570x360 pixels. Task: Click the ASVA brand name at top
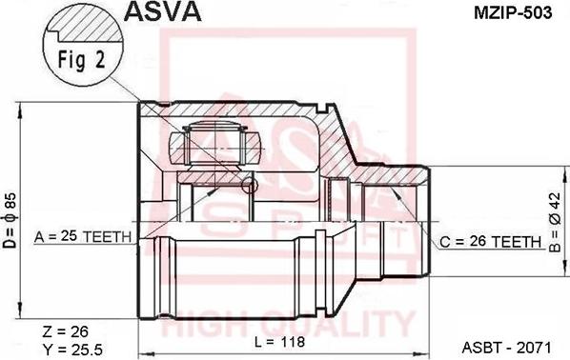[x=159, y=12]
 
